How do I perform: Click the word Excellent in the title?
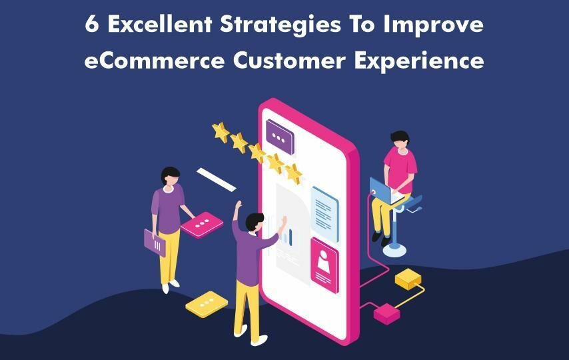(x=160, y=25)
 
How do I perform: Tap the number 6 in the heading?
(x=92, y=25)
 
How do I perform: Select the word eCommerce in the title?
(x=155, y=60)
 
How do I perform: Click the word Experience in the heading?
(x=419, y=61)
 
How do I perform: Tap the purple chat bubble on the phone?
(x=279, y=137)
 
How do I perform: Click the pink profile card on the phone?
(x=324, y=265)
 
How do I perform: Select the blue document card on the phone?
(x=324, y=214)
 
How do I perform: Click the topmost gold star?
(x=221, y=132)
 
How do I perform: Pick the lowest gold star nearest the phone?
(x=294, y=173)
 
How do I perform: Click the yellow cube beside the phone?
(x=408, y=279)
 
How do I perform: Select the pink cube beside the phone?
(x=387, y=313)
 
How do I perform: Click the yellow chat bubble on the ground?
(x=207, y=304)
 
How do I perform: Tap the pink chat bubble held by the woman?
(x=202, y=225)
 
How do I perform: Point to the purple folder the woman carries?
(x=155, y=243)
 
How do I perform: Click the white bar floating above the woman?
(x=217, y=179)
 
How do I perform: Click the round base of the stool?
(x=394, y=249)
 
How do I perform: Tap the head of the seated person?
(x=400, y=139)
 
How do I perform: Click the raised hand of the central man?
(x=238, y=205)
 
